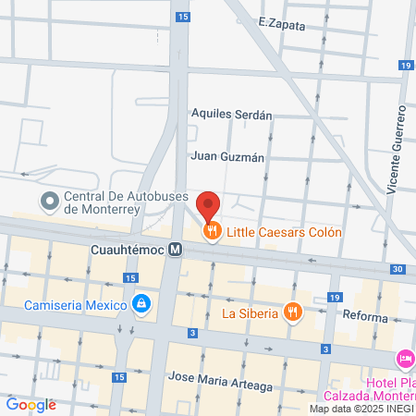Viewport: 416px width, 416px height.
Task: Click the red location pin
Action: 209,206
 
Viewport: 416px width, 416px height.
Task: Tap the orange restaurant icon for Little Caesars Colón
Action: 212,233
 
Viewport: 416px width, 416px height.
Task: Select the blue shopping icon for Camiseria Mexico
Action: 141,303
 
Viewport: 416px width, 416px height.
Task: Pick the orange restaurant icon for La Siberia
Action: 293,312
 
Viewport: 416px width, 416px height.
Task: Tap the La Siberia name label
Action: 250,312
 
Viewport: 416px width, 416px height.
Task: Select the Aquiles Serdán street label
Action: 231,116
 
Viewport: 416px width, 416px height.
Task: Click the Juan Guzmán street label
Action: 227,156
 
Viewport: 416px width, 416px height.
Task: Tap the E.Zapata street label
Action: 282,26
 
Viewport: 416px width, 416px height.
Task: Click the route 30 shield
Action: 397,268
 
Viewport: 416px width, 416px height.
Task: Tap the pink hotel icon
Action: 405,359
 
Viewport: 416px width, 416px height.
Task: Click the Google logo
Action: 31,404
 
